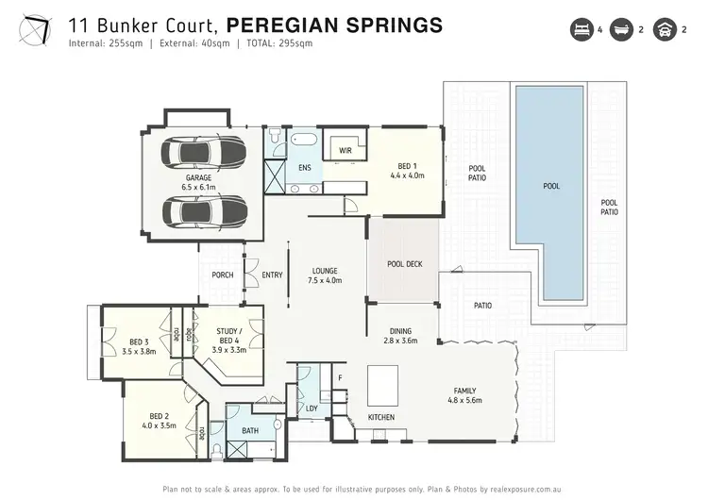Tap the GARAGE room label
pos(198,177)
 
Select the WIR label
pos(346,149)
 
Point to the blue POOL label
pos(551,186)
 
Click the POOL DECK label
pos(404,264)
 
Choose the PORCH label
pos(223,275)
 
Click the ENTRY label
pos(272,275)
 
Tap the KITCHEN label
pos(380,417)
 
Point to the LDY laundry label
pos(312,408)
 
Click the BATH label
pos(250,430)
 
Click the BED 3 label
pos(139,346)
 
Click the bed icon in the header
pos(579,29)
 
